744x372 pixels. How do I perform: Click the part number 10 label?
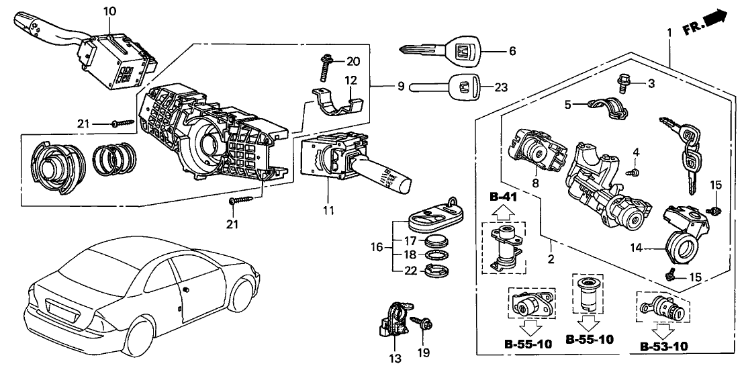pyautogui.click(x=110, y=11)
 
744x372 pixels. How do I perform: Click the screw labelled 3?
pyautogui.click(x=622, y=83)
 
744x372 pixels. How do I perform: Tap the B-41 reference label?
pyautogui.click(x=503, y=197)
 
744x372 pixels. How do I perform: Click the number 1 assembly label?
pyautogui.click(x=669, y=32)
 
